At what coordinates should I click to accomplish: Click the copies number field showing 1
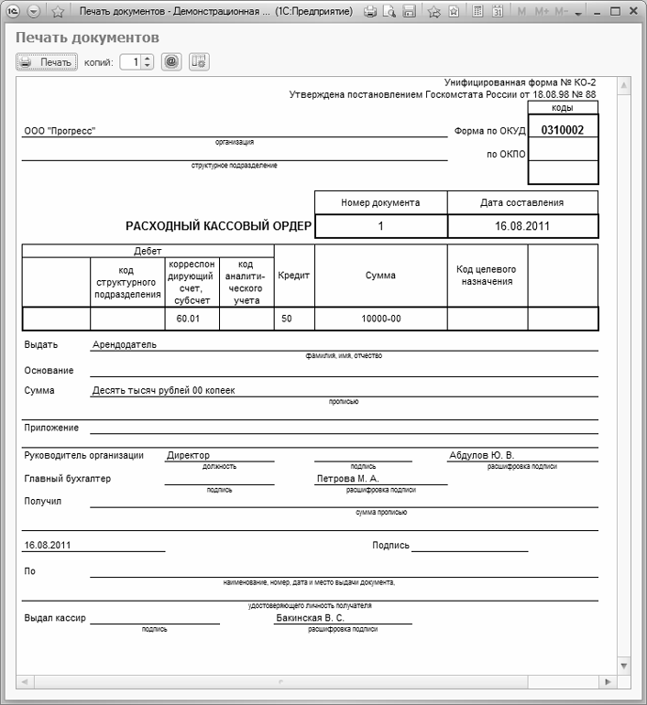[130, 62]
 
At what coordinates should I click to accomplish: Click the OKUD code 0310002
[563, 130]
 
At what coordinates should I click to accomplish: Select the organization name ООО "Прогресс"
[60, 130]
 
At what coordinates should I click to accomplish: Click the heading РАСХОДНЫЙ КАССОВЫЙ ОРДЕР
[218, 225]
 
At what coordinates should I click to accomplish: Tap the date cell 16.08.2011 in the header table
[522, 225]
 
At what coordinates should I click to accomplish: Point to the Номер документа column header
[380, 202]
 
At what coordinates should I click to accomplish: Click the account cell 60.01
[191, 319]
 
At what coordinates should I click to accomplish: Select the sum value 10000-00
[380, 319]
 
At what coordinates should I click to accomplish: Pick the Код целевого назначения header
[487, 275]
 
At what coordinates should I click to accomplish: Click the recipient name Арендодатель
[125, 344]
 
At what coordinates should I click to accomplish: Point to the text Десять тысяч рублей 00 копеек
[163, 390]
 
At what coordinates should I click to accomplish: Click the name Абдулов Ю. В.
[481, 455]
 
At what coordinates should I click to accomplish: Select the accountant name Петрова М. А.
[347, 478]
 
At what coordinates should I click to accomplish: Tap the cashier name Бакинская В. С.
[310, 618]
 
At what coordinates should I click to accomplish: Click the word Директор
[188, 455]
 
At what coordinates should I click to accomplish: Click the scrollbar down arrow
[624, 666]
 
